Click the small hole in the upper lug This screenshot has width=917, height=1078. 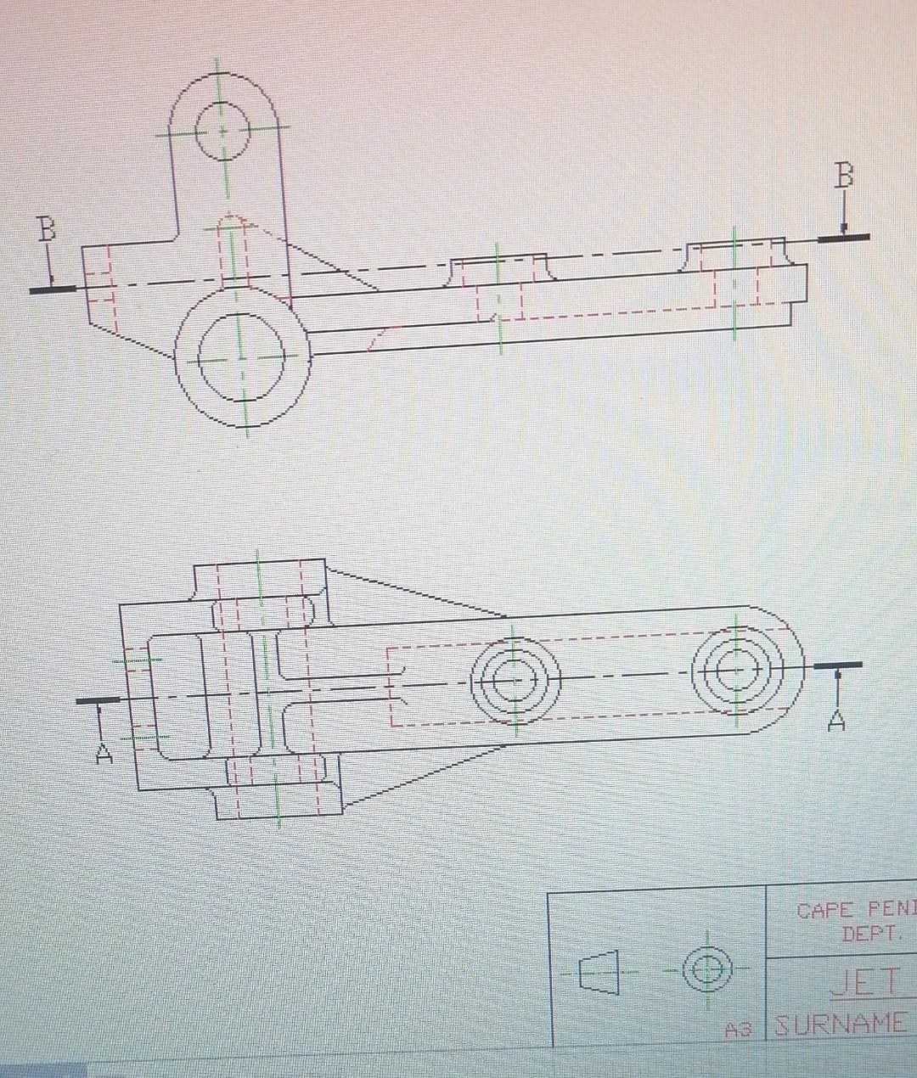pos(222,132)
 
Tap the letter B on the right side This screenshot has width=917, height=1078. pos(843,176)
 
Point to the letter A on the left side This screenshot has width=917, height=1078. pos(104,752)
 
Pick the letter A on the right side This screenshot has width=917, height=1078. pos(837,721)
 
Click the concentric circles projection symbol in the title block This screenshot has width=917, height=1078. pos(707,969)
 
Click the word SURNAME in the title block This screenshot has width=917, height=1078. pos(841,1024)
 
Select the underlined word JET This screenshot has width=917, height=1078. pos(864,983)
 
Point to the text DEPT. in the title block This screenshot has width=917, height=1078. pos(869,935)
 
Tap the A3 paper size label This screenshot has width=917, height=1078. pos(739,1030)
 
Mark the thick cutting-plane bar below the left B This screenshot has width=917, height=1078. pos(53,289)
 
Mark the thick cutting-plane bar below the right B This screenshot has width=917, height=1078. pos(844,238)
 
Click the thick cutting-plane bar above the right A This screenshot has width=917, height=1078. pos(837,665)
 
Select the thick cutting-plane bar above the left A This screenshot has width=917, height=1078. pos(98,700)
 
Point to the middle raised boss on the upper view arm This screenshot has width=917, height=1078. pos(499,266)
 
